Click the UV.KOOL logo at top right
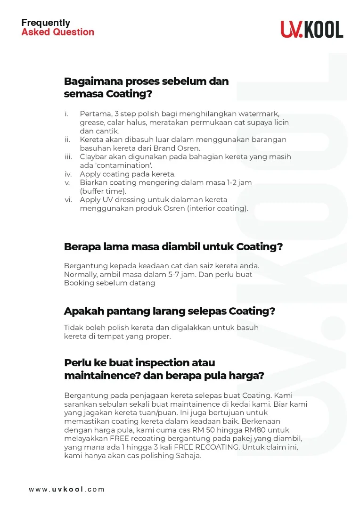[x=312, y=29]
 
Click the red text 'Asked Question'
[x=58, y=33]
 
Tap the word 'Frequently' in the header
[x=46, y=23]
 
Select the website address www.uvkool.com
[x=66, y=489]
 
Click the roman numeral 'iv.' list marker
[x=68, y=174]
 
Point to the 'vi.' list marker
[x=68, y=199]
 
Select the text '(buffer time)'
[x=103, y=191]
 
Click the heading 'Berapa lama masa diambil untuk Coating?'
[x=173, y=246]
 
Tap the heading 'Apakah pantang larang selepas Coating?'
[x=169, y=312]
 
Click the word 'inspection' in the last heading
[x=164, y=363]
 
